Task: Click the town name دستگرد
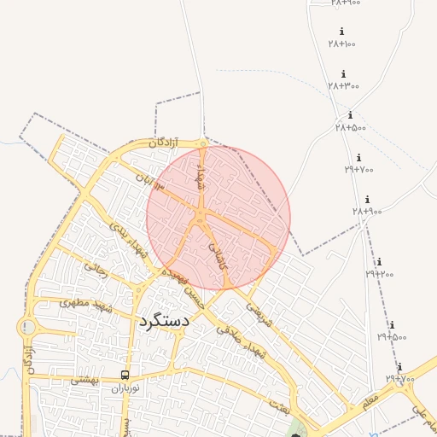(163, 322)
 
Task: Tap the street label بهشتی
(84, 379)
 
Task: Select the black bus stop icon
(125, 375)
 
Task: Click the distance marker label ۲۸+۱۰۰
(341, 44)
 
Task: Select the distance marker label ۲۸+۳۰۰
(343, 85)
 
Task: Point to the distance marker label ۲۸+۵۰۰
(350, 127)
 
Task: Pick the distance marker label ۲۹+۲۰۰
(380, 274)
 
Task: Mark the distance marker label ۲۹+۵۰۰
(392, 336)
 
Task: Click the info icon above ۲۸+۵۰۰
(350, 115)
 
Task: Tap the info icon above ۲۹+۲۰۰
(379, 262)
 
